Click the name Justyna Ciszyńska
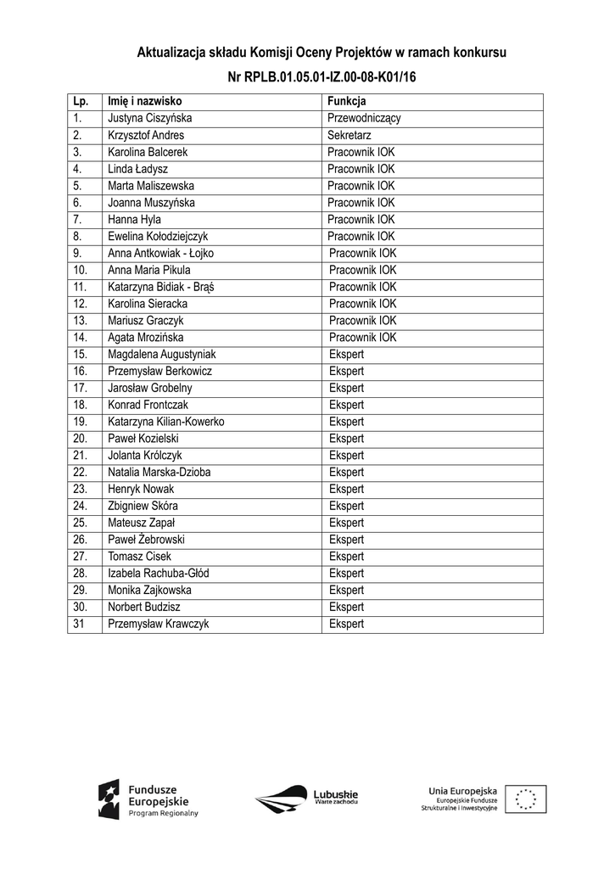tap(150, 119)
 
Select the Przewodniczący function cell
tap(364, 119)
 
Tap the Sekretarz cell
tap(349, 136)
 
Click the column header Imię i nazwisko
tap(145, 102)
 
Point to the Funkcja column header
tap(346, 102)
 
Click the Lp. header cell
tap(81, 102)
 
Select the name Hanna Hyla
tap(134, 220)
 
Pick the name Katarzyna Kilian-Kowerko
tap(166, 422)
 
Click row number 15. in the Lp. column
tap(81, 355)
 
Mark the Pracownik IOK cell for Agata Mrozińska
tap(362, 338)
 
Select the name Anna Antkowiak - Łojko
tap(160, 254)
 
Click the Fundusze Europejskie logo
tap(148, 799)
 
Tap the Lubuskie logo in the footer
tap(306, 798)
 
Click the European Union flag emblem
tap(526, 799)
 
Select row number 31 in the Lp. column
tap(79, 625)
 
